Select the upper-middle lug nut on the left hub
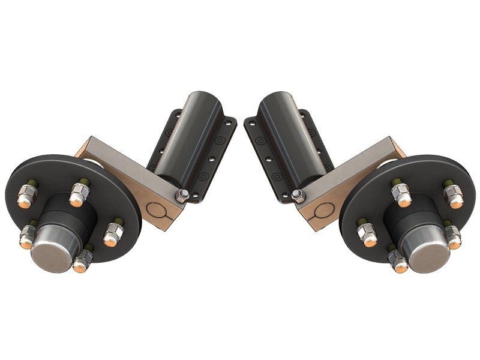coord(79,193)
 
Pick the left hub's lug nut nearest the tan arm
coord(113,233)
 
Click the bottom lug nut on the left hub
coord(83,257)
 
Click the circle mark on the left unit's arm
coord(157,211)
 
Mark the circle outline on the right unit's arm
coord(323,211)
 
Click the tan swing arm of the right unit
coord(354,168)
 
